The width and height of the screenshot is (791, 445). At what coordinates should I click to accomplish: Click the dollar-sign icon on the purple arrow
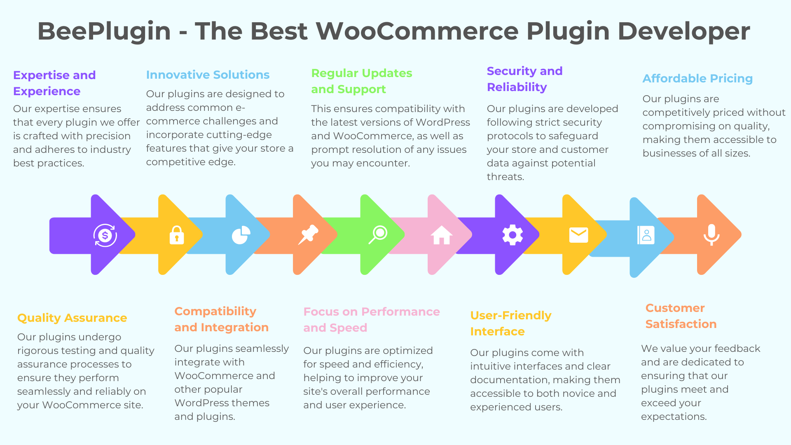pos(105,235)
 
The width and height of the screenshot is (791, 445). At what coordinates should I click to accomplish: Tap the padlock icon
pos(177,235)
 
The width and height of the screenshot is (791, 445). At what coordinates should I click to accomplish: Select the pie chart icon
pos(241,235)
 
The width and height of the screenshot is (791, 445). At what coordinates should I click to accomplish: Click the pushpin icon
pos(308,234)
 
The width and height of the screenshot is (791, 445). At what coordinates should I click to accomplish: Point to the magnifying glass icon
pos(378,234)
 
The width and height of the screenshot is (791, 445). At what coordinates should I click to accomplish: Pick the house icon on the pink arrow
pos(442,235)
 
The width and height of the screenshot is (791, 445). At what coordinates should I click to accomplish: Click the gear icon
pos(513,235)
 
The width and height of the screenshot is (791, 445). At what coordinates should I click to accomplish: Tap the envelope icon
pos(578,235)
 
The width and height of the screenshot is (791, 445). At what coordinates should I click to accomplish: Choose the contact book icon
pos(646,235)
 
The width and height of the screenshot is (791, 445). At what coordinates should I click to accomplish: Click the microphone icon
pos(711,235)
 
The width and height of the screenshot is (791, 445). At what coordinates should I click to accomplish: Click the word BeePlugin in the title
pos(104,31)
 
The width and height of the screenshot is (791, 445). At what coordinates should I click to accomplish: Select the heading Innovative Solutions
pos(208,75)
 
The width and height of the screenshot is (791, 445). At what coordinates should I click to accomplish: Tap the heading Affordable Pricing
pos(697,78)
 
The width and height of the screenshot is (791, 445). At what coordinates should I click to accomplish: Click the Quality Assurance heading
pos(72,318)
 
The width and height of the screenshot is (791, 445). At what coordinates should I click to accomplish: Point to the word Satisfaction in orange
pos(681,324)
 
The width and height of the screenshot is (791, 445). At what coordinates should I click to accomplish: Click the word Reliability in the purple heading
pos(517,87)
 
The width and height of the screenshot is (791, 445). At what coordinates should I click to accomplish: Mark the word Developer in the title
pos(684,31)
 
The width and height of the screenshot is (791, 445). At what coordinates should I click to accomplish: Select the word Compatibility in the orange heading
pos(215,311)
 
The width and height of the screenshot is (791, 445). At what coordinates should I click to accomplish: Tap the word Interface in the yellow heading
pos(497,331)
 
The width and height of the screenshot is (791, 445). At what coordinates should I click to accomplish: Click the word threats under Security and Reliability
pos(505,177)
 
